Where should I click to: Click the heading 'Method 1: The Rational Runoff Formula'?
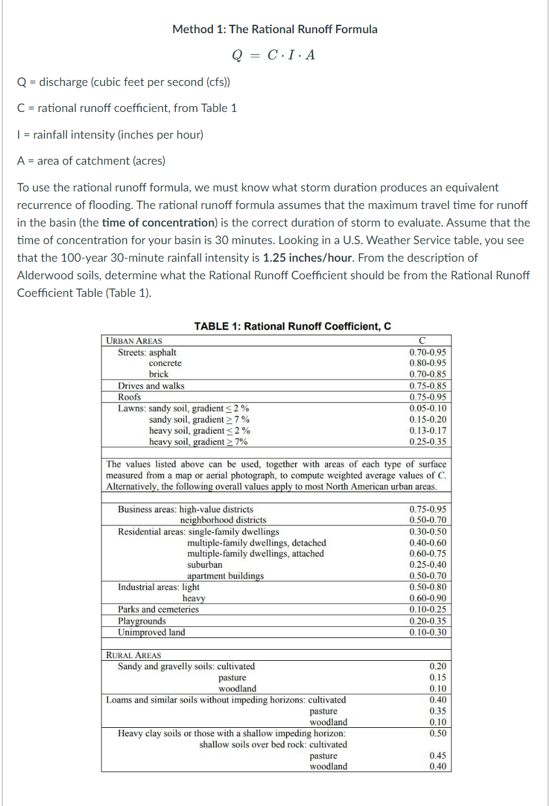(274, 29)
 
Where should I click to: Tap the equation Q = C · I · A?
(274, 55)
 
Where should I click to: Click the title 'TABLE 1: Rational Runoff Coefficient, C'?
(292, 326)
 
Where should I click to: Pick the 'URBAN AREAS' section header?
(134, 340)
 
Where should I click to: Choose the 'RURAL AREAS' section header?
(134, 655)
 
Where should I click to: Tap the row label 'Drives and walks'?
(151, 385)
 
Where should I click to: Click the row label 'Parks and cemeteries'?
(158, 609)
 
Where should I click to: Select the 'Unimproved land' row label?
(151, 632)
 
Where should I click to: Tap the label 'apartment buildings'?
(225, 576)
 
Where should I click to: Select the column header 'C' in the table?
(423, 340)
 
